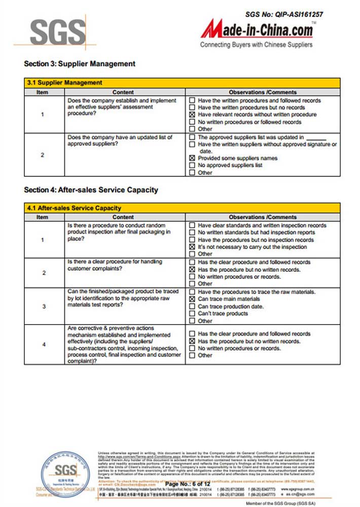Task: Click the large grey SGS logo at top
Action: (57, 32)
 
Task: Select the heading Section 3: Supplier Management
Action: (80, 64)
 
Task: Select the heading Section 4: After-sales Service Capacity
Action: (91, 190)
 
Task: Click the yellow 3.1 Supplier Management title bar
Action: (182, 83)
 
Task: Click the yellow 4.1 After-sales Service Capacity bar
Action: (182, 208)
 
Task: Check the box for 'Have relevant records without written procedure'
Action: (192, 115)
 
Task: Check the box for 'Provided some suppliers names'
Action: (192, 158)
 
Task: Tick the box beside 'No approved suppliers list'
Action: (192, 165)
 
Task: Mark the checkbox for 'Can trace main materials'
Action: (192, 299)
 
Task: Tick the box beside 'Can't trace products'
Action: (192, 313)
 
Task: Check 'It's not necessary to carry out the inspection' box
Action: (192, 247)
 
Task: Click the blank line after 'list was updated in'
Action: (316, 138)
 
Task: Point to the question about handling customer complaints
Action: (115, 265)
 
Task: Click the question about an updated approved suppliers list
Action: (120, 141)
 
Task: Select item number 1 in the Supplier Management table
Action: (43, 115)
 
